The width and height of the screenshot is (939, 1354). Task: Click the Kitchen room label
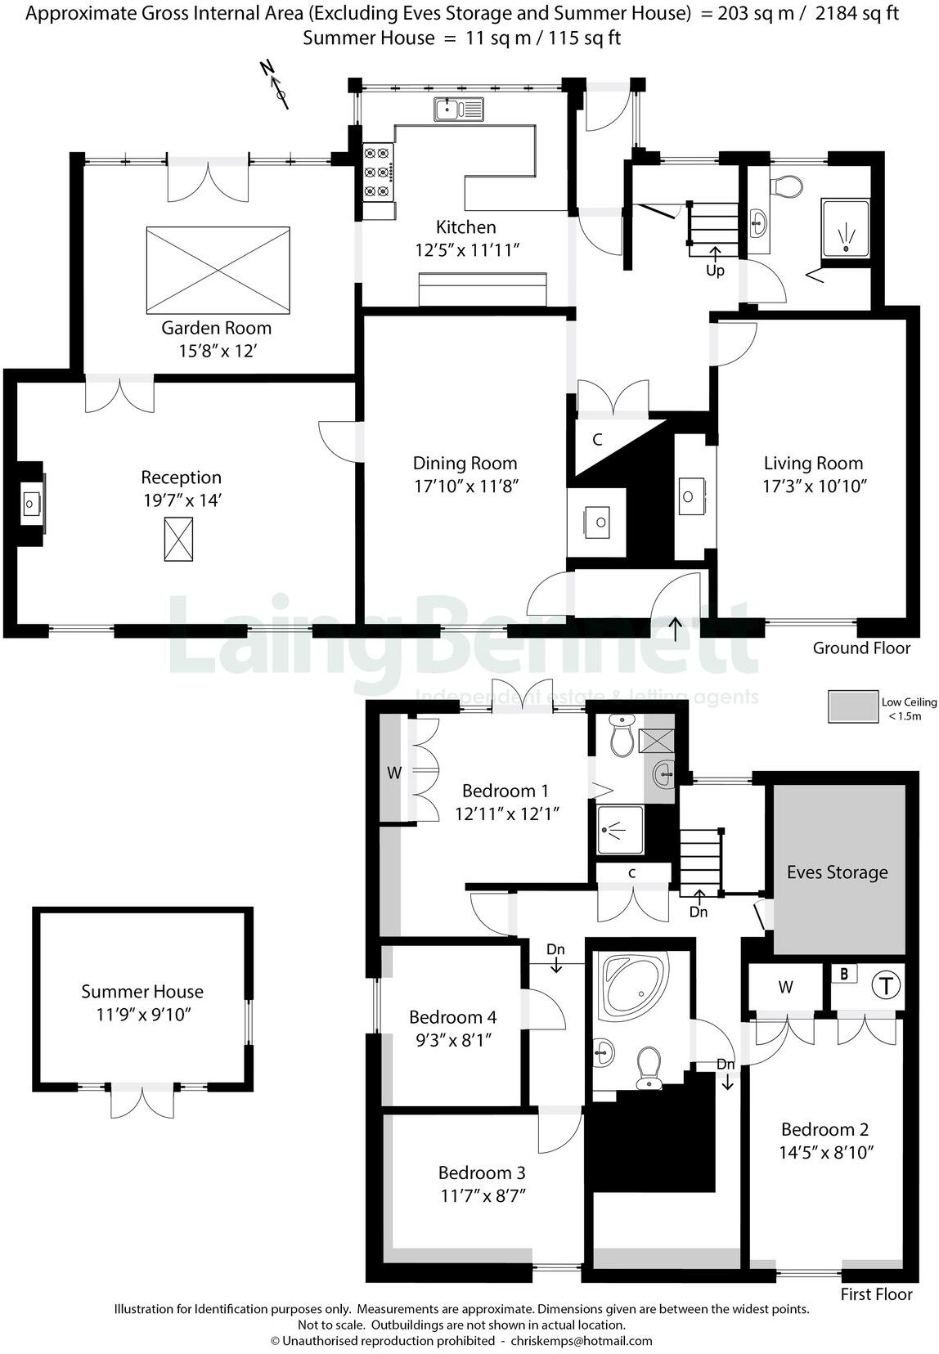click(x=465, y=227)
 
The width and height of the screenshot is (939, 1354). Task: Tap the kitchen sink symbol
click(x=459, y=109)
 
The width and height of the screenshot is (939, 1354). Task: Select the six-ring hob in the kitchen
click(x=377, y=172)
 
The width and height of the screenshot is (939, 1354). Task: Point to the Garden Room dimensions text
click(x=218, y=351)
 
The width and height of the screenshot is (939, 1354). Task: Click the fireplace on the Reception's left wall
click(x=31, y=504)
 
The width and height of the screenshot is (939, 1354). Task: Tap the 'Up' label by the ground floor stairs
click(x=715, y=271)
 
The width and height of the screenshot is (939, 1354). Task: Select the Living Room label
click(x=813, y=464)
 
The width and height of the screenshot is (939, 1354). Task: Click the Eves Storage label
click(x=837, y=872)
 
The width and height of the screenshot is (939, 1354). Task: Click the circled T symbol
click(x=884, y=984)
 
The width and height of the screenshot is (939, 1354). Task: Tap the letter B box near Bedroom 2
click(x=844, y=975)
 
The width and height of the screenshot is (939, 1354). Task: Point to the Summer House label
click(x=142, y=992)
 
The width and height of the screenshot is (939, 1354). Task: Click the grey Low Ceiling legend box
click(x=851, y=707)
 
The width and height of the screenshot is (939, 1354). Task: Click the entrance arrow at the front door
click(x=675, y=628)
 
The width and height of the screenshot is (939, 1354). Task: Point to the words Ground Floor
click(x=860, y=648)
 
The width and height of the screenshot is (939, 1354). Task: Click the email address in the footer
click(x=581, y=1341)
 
